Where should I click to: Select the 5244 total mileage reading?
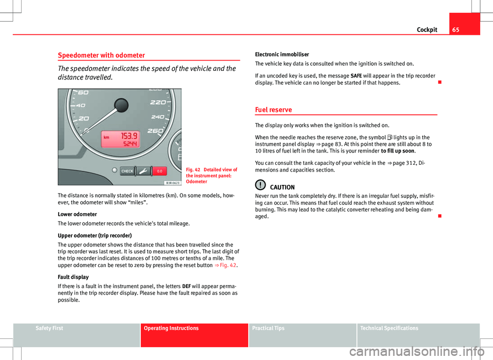click(x=130, y=144)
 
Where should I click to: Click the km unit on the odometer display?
click(x=107, y=138)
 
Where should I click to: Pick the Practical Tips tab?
click(x=269, y=328)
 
